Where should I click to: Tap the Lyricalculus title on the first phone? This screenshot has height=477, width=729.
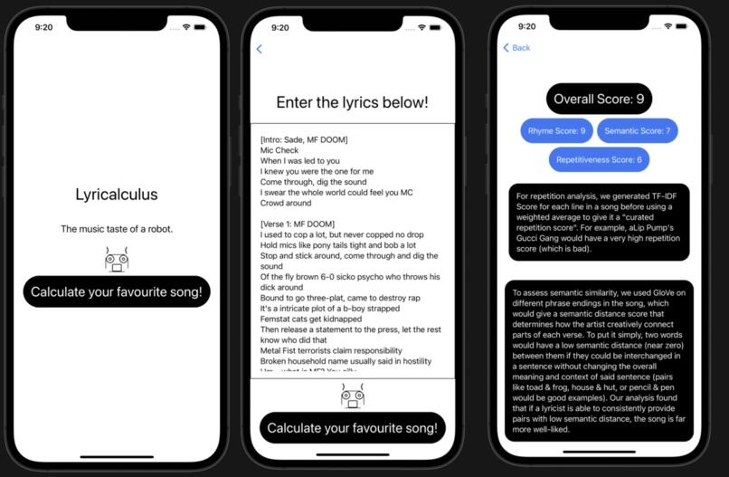(116, 195)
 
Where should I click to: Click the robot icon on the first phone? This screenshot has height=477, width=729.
(116, 261)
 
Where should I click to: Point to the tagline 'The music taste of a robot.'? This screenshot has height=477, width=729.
(116, 229)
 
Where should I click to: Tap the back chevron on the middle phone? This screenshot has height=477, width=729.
(260, 49)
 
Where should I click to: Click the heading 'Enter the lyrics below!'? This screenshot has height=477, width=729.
(352, 102)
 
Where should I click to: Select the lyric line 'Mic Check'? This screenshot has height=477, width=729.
(279, 150)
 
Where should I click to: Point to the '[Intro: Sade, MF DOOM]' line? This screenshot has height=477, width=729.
(304, 139)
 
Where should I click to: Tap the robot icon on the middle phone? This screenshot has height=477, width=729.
(352, 395)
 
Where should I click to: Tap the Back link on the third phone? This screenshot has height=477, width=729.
(517, 48)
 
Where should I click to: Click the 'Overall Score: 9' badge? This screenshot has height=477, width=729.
(599, 99)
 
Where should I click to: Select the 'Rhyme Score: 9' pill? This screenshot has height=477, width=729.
(556, 131)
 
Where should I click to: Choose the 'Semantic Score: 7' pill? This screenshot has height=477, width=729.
(638, 131)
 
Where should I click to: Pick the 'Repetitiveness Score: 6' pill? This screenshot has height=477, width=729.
(599, 160)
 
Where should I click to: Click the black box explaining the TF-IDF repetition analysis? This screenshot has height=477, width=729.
(599, 222)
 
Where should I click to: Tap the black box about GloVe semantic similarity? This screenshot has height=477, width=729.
(599, 360)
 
